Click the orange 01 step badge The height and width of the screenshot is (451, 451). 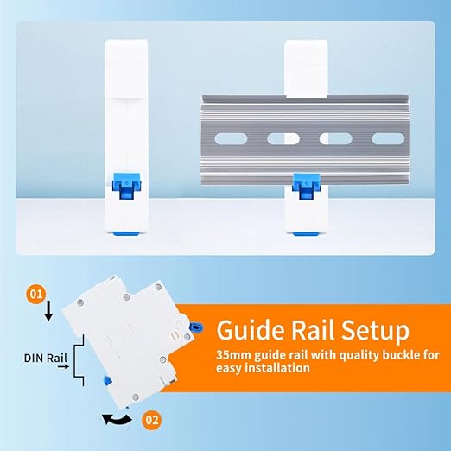pos(36,295)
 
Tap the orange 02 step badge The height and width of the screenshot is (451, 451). pos(152,420)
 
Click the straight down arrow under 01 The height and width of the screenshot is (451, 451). pos(48,311)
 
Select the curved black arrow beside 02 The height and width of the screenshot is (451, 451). pos(117,420)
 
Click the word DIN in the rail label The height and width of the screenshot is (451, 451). pos(34,358)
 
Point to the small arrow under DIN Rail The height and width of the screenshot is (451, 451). pos(63,366)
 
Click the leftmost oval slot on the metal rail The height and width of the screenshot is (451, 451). pos(231,138)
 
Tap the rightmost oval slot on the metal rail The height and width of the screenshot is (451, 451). pos(388,138)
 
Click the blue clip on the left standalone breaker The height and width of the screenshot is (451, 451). pos(126,186)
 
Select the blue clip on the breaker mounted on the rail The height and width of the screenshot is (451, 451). pos(306,186)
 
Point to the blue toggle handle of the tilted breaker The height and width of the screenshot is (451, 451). pos(196,327)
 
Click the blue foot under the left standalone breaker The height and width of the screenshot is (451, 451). pos(126,233)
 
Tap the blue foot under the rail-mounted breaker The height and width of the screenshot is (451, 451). pos(306,233)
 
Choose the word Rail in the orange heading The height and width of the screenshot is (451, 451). pos(313,331)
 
